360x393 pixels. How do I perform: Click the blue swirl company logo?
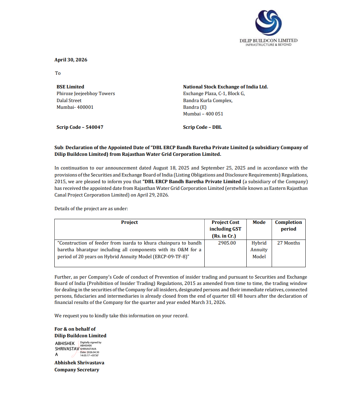[268, 22]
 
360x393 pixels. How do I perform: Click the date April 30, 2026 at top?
[71, 60]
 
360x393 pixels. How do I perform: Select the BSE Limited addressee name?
[70, 87]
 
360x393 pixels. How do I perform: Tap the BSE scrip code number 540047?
[94, 127]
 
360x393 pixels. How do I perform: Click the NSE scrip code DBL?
[217, 127]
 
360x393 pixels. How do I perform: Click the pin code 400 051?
[214, 114]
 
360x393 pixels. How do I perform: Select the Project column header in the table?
[129, 222]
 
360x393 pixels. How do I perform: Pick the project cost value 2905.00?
[227, 243]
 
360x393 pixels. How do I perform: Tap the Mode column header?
[259, 222]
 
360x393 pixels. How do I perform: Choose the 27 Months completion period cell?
[288, 243]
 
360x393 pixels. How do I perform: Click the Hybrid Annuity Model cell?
[259, 250]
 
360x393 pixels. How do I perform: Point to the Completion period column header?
[288, 226]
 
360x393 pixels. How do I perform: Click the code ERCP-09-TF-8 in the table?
[171, 257]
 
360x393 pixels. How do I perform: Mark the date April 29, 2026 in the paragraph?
[153, 195]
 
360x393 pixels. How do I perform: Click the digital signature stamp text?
[90, 349]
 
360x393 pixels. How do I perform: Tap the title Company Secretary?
[77, 370]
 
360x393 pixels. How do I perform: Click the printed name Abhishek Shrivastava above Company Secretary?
[79, 363]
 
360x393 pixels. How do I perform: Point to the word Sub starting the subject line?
[59, 147]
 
